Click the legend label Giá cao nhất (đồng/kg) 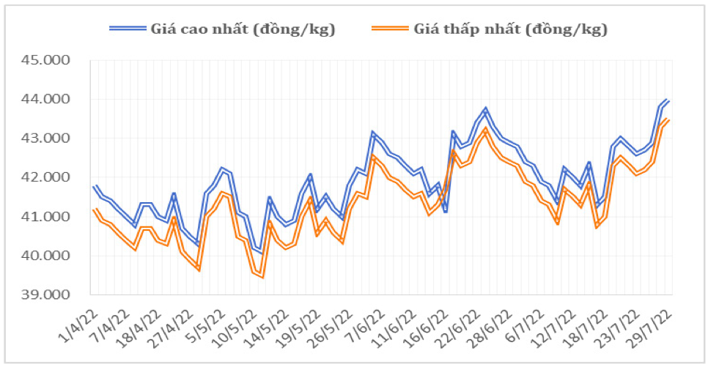pyautogui.click(x=243, y=29)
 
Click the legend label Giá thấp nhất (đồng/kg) pyautogui.click(x=510, y=29)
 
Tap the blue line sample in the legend pyautogui.click(x=128, y=29)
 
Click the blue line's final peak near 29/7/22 pyautogui.click(x=667, y=100)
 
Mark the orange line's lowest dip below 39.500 pyautogui.click(x=262, y=276)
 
